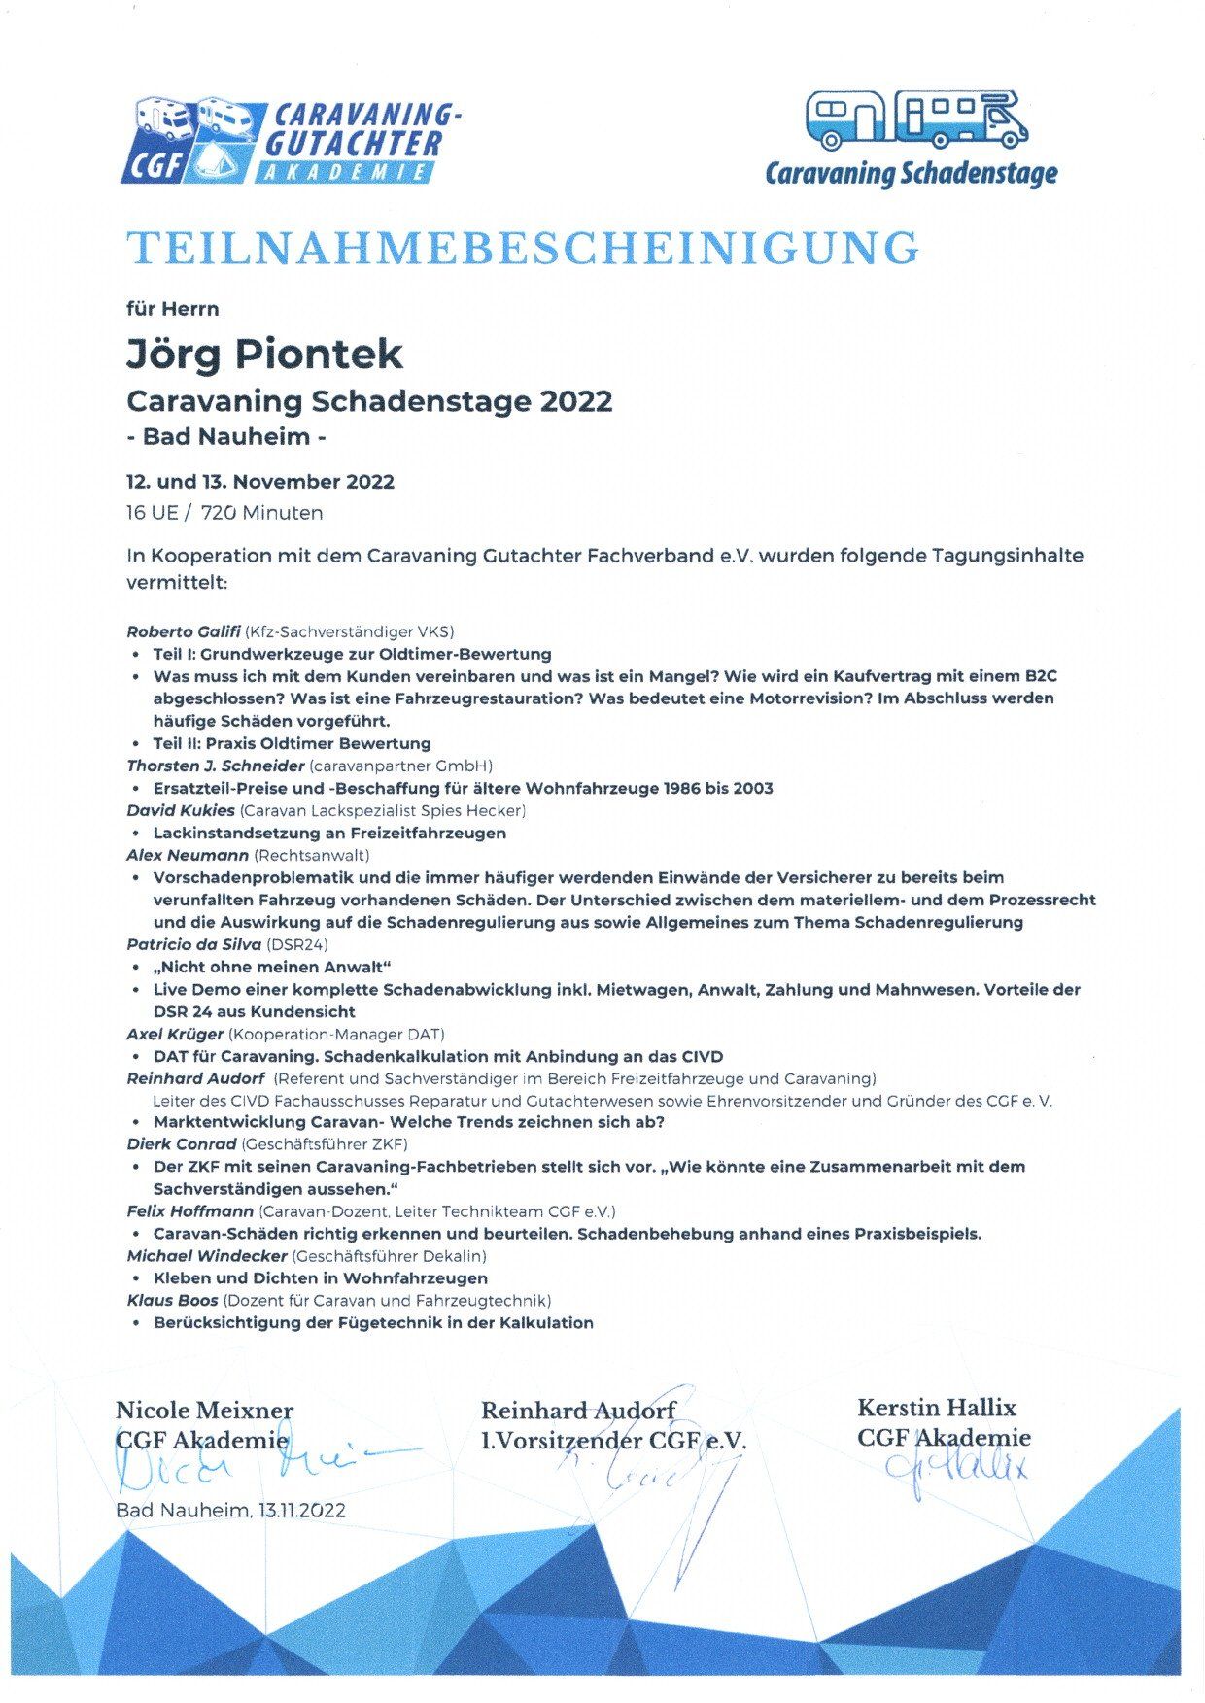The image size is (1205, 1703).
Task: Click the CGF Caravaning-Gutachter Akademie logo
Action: [290, 141]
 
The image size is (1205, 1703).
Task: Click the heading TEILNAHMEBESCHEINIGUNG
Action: [523, 249]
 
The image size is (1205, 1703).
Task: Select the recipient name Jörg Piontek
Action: [263, 353]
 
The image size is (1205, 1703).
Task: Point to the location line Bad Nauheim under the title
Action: [225, 437]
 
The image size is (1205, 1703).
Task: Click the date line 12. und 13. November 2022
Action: [259, 482]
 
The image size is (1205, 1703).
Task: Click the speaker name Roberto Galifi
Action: [183, 631]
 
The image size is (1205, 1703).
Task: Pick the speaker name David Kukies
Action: [181, 810]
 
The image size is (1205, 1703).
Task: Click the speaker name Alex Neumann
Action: [188, 855]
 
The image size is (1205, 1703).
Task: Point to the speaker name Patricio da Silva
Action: [193, 944]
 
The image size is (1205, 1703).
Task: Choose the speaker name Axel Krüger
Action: [175, 1034]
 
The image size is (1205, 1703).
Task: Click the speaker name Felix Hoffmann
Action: [190, 1211]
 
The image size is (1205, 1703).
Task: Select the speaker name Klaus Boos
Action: [173, 1301]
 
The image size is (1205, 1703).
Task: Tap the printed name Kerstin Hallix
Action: [936, 1408]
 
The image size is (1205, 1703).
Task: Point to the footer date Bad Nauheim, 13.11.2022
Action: [230, 1511]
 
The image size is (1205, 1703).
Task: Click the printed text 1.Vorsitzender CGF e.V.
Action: [613, 1442]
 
